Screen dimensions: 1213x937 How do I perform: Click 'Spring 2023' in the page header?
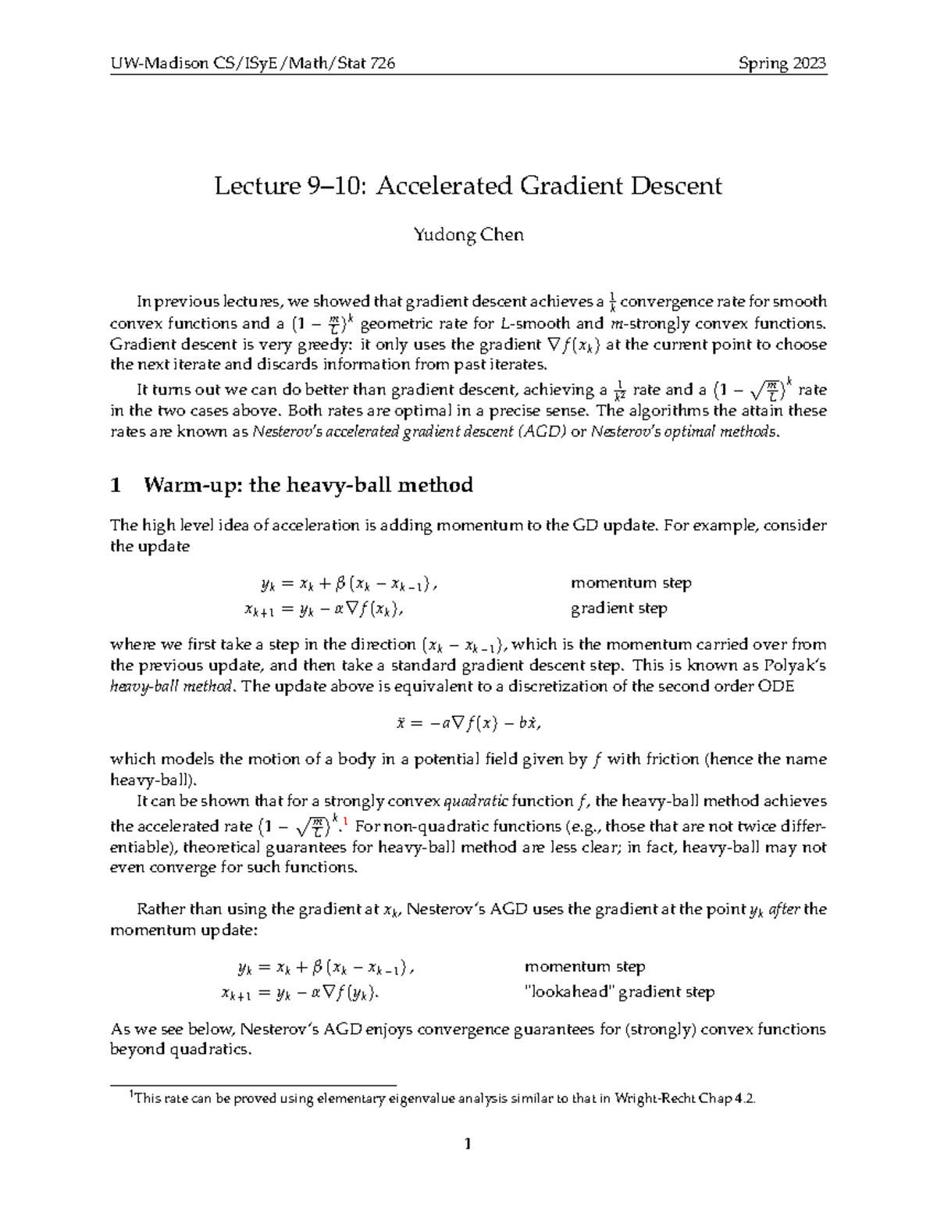782,63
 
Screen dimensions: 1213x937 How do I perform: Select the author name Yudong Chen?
468,234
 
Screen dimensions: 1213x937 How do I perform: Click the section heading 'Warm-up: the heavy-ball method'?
308,485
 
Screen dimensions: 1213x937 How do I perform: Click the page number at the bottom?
468,1145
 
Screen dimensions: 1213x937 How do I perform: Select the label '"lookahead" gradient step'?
618,992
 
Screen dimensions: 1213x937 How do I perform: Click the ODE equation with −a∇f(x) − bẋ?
468,723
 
